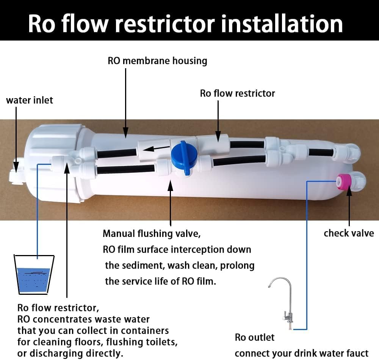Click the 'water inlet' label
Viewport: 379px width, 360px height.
(x=30, y=100)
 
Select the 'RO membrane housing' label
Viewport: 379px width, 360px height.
(x=157, y=61)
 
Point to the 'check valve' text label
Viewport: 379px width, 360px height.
(x=349, y=233)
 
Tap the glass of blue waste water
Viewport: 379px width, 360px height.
(x=34, y=275)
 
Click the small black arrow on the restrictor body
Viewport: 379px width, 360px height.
(x=156, y=149)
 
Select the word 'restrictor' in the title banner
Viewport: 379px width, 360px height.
(x=164, y=24)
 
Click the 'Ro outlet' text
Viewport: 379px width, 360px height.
(x=255, y=337)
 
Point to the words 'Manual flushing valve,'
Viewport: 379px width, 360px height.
(x=152, y=234)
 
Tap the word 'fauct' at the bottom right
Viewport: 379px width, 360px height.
(x=357, y=353)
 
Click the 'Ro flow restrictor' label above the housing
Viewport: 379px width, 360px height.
(x=237, y=94)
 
